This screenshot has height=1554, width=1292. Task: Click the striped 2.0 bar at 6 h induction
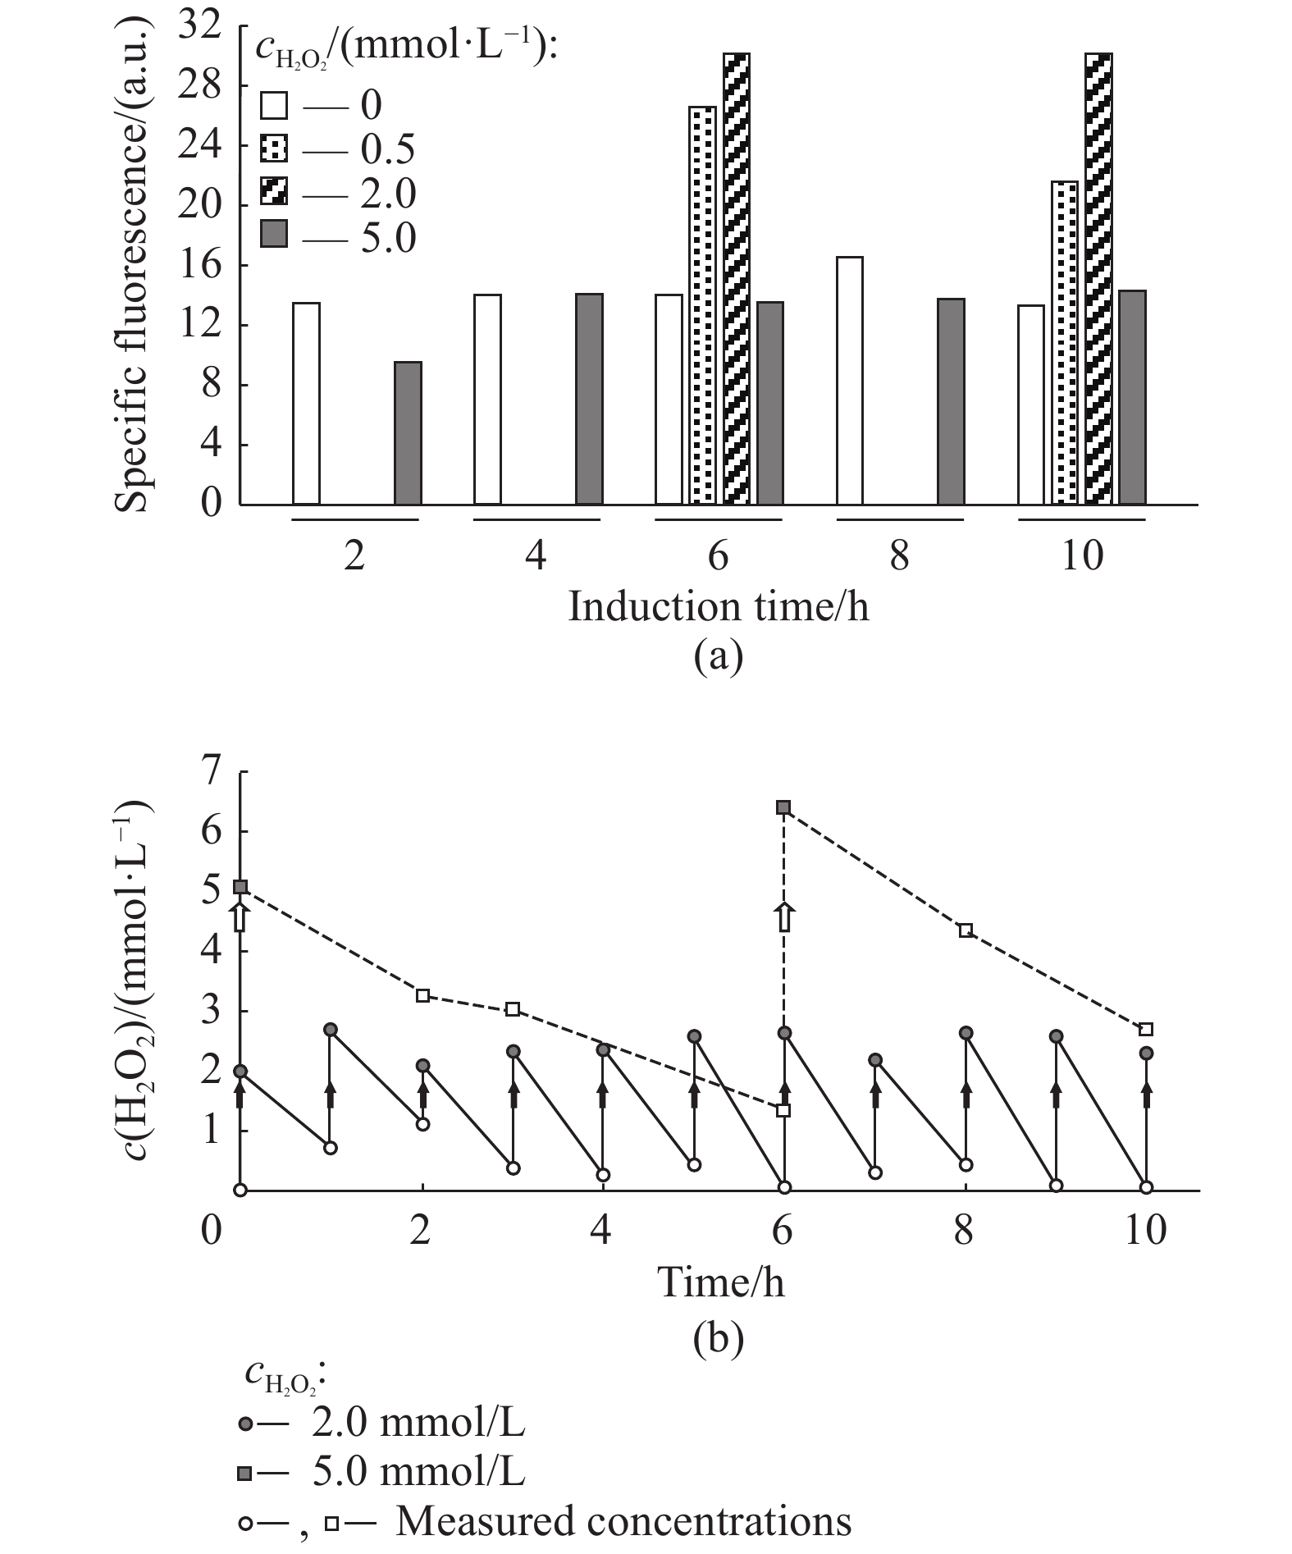(x=736, y=279)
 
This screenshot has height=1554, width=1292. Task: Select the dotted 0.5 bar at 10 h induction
(x=1065, y=342)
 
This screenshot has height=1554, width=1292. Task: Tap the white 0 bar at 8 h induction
(x=849, y=381)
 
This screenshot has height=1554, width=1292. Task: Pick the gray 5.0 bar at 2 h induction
(x=408, y=433)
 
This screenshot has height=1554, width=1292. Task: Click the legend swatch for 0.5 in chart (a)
(x=274, y=149)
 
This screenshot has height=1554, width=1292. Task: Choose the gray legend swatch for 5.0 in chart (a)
(x=274, y=236)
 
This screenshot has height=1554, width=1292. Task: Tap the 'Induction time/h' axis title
(x=719, y=608)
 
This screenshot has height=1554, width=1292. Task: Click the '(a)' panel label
(x=719, y=656)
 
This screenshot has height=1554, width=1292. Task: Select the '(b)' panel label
(x=719, y=1339)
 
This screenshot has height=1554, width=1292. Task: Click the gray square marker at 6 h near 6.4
(x=783, y=808)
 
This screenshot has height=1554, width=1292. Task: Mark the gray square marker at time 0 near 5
(x=240, y=887)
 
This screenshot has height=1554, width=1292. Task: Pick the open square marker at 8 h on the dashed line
(x=966, y=930)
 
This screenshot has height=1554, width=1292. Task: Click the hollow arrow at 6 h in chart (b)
(x=784, y=917)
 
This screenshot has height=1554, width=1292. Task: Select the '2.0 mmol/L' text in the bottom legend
(x=418, y=1424)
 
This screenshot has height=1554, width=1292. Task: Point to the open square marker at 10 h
(x=1147, y=1030)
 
